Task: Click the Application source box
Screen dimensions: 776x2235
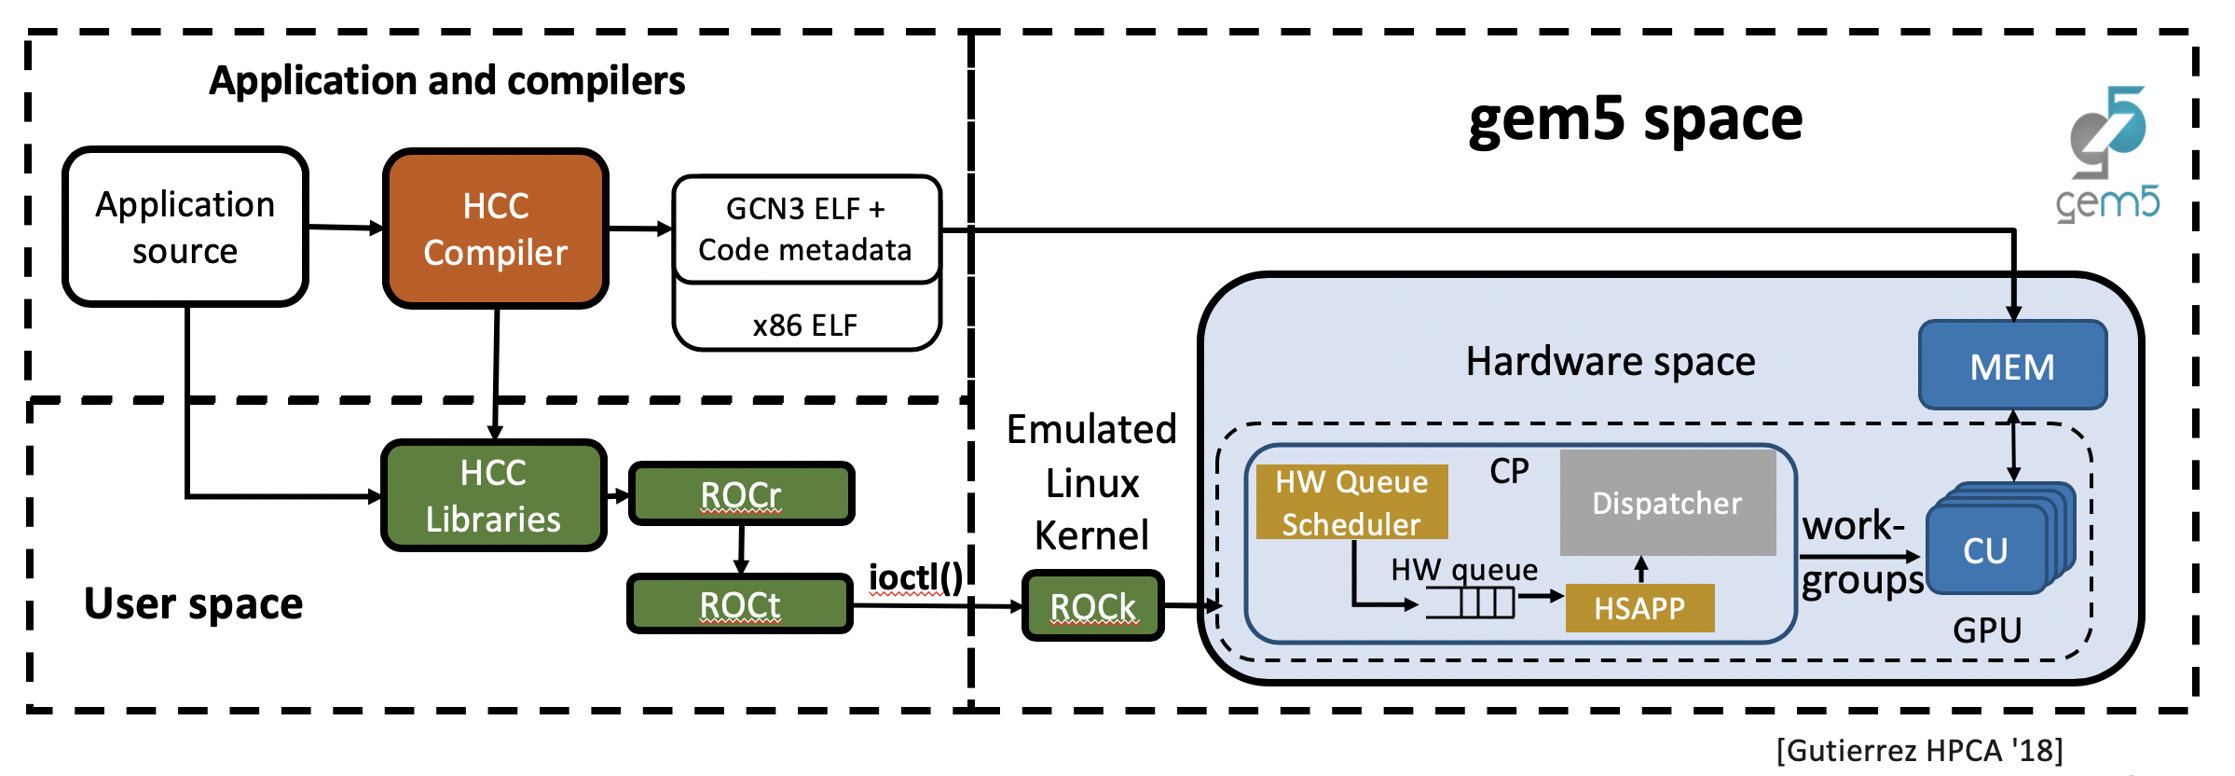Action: (x=185, y=227)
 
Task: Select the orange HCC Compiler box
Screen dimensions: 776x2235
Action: (x=495, y=229)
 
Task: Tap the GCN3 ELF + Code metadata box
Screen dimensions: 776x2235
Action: (x=805, y=229)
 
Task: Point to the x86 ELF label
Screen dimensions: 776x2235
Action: (x=805, y=325)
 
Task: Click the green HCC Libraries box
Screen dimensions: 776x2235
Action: (x=493, y=495)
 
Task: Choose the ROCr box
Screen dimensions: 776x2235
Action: (x=741, y=494)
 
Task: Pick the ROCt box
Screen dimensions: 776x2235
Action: (x=740, y=604)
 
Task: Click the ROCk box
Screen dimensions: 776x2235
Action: (x=1092, y=606)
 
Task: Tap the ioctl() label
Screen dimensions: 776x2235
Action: (x=915, y=577)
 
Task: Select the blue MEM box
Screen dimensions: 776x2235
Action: (x=2012, y=366)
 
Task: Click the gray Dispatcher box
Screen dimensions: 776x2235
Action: (x=1667, y=503)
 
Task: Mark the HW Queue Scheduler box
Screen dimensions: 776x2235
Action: (x=1351, y=502)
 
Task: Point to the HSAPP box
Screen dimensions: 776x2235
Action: (x=1639, y=608)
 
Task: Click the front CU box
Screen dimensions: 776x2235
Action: (x=1985, y=550)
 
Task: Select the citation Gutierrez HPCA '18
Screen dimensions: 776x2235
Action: (x=1919, y=750)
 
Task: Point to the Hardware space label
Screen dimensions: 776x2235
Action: (x=1611, y=361)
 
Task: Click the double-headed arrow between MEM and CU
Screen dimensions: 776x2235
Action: (x=2013, y=446)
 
